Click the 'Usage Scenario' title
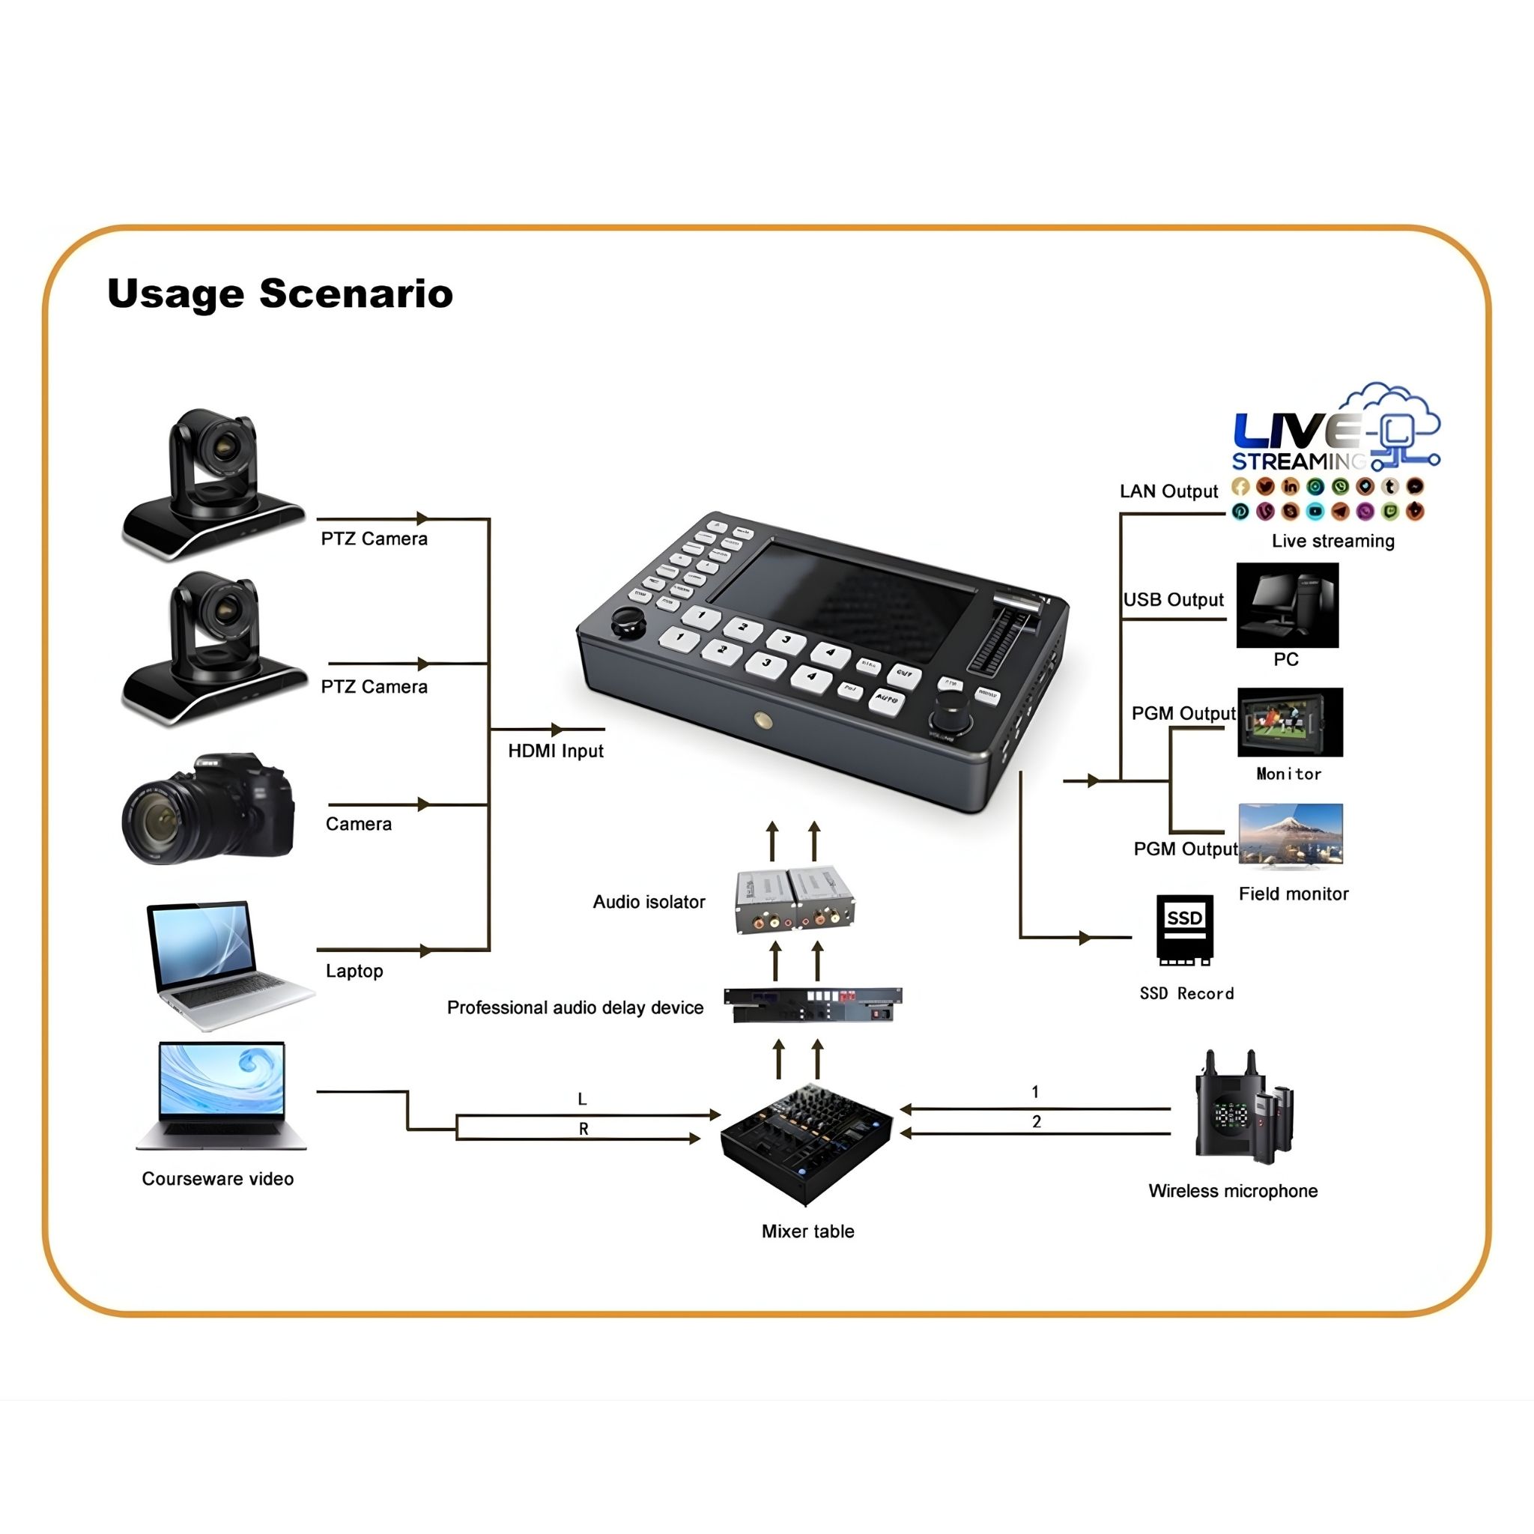coord(279,294)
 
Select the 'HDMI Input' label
coord(555,751)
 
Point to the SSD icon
coord(1184,929)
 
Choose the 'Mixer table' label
coord(807,1231)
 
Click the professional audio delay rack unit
coord(813,1005)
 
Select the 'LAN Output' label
coord(1168,491)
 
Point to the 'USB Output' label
coord(1173,599)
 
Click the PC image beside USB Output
coord(1287,605)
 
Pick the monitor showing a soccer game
coord(1290,722)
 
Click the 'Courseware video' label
coord(217,1178)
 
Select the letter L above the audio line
coord(582,1099)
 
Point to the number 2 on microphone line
coord(1036,1121)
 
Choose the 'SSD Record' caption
coord(1186,993)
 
